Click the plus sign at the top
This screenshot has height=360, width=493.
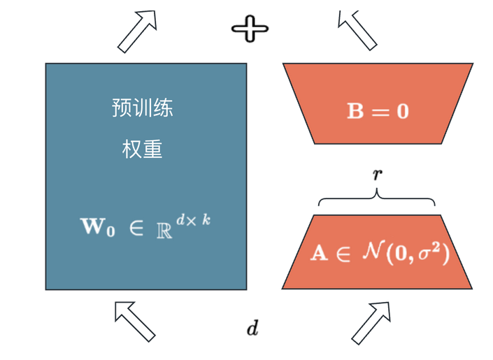click(250, 29)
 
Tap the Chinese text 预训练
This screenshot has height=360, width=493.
click(142, 108)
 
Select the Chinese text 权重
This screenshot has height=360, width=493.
click(142, 149)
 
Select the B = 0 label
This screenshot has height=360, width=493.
click(378, 111)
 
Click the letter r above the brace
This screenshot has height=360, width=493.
click(377, 174)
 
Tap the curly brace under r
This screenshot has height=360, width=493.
click(377, 199)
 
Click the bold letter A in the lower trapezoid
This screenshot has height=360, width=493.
click(319, 253)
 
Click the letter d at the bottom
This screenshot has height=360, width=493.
click(252, 328)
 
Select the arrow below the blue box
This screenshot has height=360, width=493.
click(134, 321)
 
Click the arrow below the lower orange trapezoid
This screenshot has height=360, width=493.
click(371, 322)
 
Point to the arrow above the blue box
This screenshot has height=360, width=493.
click(137, 31)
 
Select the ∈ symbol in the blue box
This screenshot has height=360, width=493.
click(136, 228)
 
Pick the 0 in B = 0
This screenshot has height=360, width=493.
click(402, 111)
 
